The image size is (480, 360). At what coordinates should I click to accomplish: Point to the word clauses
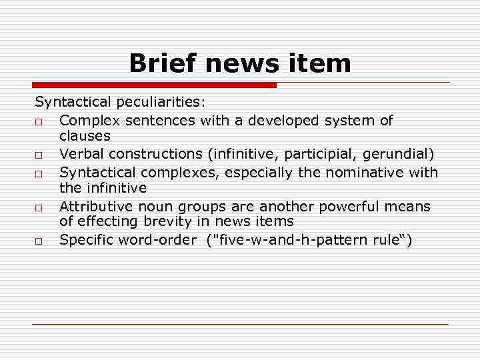(x=85, y=136)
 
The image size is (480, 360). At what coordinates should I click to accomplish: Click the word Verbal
(x=82, y=154)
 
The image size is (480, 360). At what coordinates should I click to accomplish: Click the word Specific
(x=86, y=240)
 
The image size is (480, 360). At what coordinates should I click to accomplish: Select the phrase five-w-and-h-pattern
(x=293, y=240)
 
